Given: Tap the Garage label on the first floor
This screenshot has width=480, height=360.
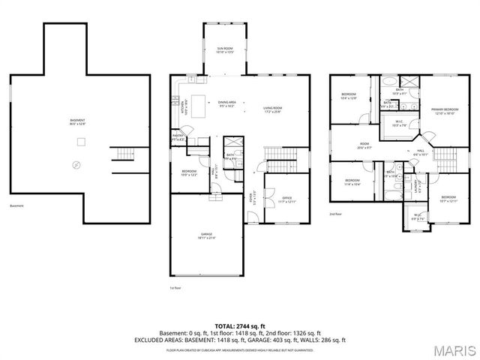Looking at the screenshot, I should tap(205, 235).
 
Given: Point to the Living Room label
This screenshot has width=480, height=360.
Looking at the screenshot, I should tap(271, 109).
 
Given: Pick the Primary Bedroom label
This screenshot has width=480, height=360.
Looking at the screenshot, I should tap(444, 111).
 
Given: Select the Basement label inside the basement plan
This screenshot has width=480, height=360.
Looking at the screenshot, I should tap(77, 121).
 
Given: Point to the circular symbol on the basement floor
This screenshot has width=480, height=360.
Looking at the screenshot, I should tap(76, 164).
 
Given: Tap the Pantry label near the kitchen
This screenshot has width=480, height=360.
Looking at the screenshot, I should tap(178, 139).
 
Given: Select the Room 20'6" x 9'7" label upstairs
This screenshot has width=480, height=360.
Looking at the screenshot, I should tap(364, 145).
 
